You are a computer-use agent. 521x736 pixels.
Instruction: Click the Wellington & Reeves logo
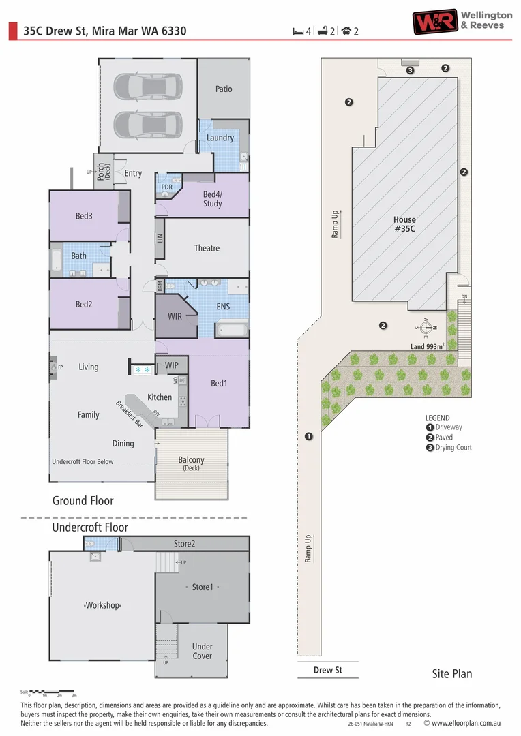click(x=462, y=21)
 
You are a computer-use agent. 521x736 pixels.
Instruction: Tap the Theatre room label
click(x=207, y=248)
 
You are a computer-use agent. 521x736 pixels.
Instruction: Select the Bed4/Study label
click(x=212, y=199)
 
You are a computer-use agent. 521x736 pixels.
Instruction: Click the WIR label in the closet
click(x=175, y=317)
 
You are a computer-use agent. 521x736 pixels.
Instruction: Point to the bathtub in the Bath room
click(x=57, y=260)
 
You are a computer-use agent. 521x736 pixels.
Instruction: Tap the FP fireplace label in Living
click(x=61, y=367)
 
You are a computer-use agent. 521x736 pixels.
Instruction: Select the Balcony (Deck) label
click(x=191, y=464)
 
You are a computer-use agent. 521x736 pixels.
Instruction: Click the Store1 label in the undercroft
click(x=203, y=587)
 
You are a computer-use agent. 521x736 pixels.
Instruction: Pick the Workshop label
click(x=102, y=605)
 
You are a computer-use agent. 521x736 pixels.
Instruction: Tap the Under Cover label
click(x=202, y=651)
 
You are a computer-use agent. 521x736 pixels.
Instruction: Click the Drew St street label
click(x=327, y=670)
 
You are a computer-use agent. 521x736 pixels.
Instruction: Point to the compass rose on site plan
click(x=425, y=327)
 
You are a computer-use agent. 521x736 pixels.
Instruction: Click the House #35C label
click(x=404, y=224)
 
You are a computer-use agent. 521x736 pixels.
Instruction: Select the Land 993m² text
click(x=427, y=346)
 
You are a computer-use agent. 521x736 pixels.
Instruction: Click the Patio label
click(x=224, y=89)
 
